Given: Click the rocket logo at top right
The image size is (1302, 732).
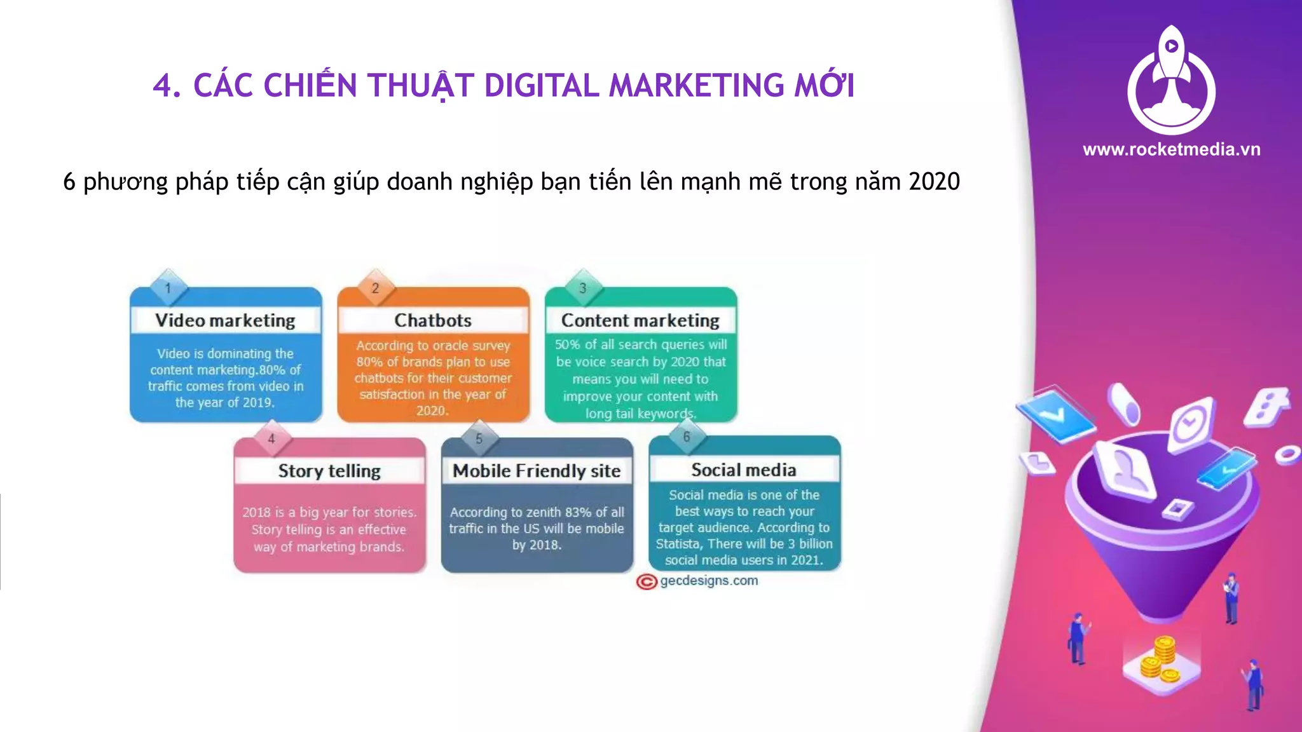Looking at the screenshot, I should (1171, 79).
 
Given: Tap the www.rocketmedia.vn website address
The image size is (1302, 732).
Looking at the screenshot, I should (1171, 149).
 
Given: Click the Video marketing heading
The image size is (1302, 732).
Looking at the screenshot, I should (225, 320).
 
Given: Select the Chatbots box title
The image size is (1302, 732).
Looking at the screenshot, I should (433, 320).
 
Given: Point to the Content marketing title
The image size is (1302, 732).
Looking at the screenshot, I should (640, 320).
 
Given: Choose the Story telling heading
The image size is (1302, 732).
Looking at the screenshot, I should (329, 471).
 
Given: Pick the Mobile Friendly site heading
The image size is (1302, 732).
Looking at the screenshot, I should (537, 471).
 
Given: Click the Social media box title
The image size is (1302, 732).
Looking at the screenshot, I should (744, 470).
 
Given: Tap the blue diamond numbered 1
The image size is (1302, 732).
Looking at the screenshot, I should (168, 288).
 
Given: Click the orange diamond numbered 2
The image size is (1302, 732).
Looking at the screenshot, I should (375, 288).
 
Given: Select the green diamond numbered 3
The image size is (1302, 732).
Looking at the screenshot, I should (582, 288).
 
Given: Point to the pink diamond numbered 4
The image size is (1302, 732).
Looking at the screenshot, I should (271, 438).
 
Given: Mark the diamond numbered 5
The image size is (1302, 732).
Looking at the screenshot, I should (479, 438).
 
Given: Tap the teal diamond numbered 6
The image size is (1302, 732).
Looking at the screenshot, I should (686, 437).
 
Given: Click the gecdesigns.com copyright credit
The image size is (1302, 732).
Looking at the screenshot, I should (698, 581).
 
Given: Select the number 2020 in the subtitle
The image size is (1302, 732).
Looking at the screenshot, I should (934, 182).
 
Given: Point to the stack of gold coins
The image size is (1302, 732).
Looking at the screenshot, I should (1161, 661).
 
